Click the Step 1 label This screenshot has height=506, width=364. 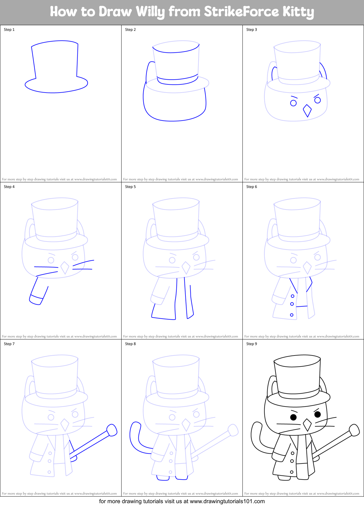tap(9, 30)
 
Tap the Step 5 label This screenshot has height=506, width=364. tap(130, 187)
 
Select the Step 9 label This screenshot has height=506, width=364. tap(252, 344)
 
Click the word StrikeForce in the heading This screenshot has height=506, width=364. tap(241, 12)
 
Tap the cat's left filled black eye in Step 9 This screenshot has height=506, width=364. tap(293, 417)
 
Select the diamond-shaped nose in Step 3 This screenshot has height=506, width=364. tap(307, 111)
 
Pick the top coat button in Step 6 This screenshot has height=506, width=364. tap(293, 296)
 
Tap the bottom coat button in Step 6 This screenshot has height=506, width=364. tap(292, 315)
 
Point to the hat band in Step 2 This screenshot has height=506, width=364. tap(177, 80)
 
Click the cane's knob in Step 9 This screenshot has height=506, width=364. tap(354, 430)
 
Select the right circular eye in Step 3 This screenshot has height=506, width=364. tap(317, 100)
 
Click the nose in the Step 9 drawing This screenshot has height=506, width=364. tap(307, 425)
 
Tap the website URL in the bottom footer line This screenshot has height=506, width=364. tap(227, 501)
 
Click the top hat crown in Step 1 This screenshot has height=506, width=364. tap(55, 60)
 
